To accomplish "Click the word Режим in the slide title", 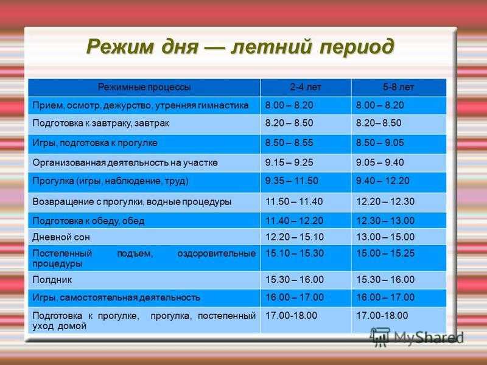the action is [119, 47].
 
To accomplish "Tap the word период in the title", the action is [357, 47].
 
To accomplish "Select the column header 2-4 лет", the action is [306, 87].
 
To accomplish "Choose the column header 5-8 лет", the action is [398, 87].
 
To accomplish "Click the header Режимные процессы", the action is [144, 87].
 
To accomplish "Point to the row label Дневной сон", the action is [61, 237].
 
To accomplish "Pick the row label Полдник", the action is [52, 280].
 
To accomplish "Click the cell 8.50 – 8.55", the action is [289, 142].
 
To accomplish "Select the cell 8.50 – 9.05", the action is [380, 142].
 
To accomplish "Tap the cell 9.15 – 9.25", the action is [289, 162].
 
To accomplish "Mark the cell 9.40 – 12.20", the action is [383, 181].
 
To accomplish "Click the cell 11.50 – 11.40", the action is [294, 201].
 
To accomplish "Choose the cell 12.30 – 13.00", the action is [385, 221].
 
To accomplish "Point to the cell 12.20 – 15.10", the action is [295, 237].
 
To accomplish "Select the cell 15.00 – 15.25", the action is [385, 253].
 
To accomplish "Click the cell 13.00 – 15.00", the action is [385, 237].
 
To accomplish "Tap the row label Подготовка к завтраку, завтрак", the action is [100, 123].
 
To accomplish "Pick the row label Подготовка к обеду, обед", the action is [88, 221].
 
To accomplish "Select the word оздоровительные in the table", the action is [217, 254].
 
